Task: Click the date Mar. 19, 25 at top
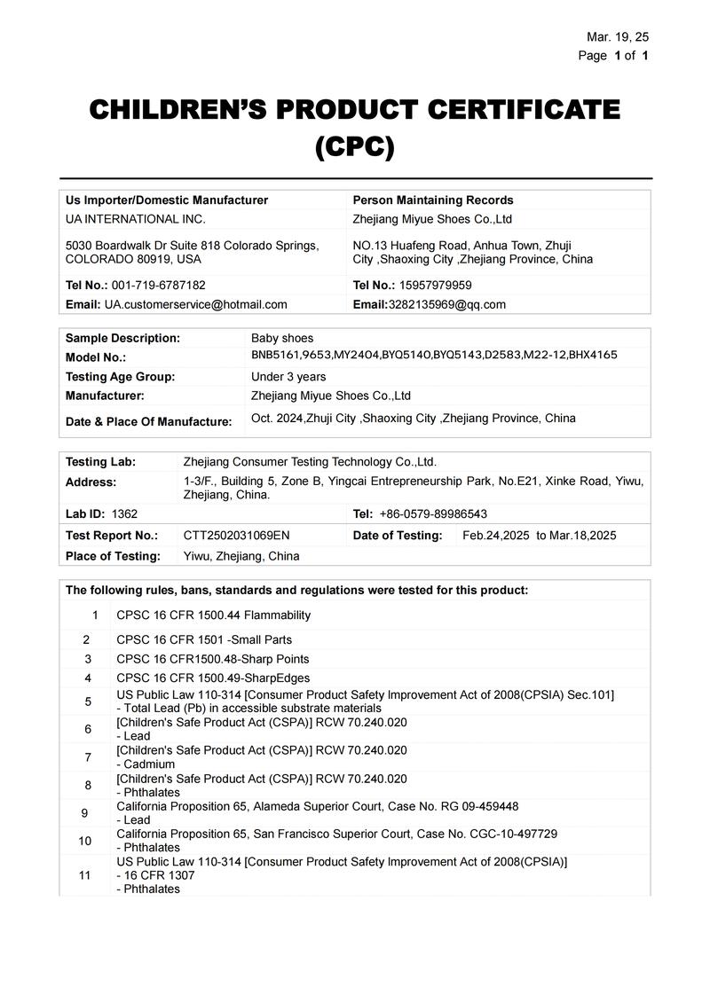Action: point(618,36)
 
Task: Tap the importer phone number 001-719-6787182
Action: point(158,286)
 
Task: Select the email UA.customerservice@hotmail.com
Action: point(196,304)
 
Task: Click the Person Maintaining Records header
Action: point(433,200)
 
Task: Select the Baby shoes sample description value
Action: point(282,338)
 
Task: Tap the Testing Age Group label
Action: point(121,376)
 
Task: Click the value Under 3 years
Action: point(288,376)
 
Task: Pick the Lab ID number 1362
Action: point(125,514)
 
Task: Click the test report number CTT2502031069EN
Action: point(237,536)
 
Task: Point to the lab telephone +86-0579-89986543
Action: point(433,514)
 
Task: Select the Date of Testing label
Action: point(398,536)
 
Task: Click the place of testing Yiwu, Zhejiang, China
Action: point(241,556)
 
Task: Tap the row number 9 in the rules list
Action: point(85,813)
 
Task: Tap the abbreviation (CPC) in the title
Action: point(355,146)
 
